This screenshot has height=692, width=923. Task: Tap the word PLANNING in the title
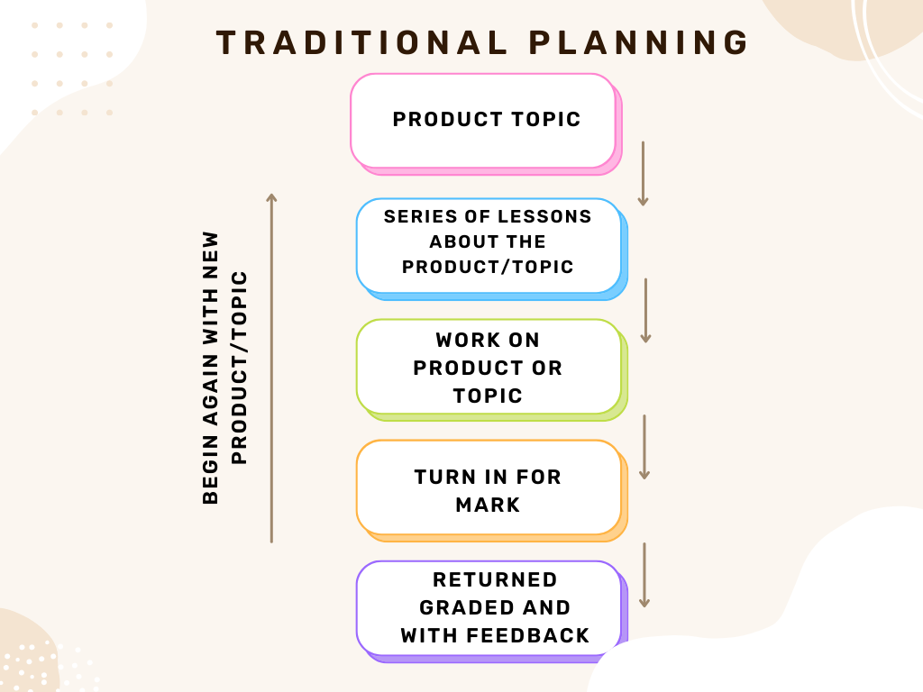click(x=639, y=43)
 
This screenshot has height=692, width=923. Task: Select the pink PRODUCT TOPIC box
click(x=486, y=124)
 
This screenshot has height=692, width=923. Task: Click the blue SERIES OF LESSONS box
click(x=492, y=249)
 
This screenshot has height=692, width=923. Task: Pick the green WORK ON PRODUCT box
click(x=492, y=369)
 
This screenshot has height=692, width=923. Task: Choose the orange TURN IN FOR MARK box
click(x=492, y=490)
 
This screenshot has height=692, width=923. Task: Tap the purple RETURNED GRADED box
click(x=492, y=612)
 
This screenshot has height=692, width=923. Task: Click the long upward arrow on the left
click(x=271, y=368)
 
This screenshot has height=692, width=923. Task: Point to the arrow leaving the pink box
click(x=643, y=174)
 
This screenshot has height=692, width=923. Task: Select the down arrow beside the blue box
click(x=645, y=311)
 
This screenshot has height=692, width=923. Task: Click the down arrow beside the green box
click(x=644, y=447)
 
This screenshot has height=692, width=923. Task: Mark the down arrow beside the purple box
click(x=644, y=575)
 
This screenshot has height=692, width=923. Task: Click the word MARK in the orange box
click(x=488, y=505)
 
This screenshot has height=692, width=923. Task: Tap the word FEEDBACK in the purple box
click(x=528, y=635)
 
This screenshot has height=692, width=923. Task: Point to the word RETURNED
click(x=495, y=579)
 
